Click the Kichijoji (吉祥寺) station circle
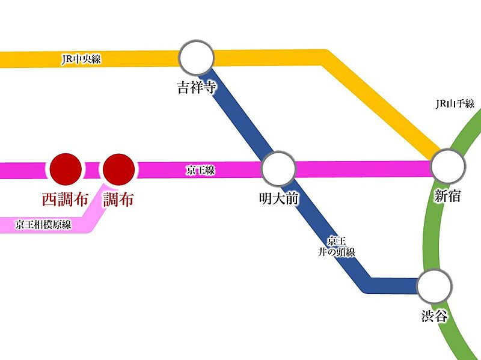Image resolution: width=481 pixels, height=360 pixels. (197, 58)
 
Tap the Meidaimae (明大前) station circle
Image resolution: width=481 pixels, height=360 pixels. (279, 168)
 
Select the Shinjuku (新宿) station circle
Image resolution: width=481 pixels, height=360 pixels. (449, 164)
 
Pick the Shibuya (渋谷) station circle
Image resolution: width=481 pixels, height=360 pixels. (435, 287)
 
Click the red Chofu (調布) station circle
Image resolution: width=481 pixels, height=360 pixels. (119, 169)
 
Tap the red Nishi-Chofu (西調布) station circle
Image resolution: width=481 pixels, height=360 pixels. (65, 169)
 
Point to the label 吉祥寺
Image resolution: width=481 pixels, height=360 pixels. (196, 88)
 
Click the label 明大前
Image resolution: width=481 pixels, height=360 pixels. (278, 198)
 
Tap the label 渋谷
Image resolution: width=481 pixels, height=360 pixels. (435, 316)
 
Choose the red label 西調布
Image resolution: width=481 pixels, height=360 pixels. (64, 200)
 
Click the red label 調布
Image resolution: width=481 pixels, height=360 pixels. (118, 200)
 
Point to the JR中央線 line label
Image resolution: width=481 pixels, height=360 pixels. (82, 59)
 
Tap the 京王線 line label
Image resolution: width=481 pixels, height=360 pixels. (200, 171)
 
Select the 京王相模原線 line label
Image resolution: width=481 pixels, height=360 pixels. (44, 225)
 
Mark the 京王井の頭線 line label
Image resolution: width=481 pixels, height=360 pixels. (337, 246)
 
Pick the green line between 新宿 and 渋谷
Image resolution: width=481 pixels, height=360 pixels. (431, 228)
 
